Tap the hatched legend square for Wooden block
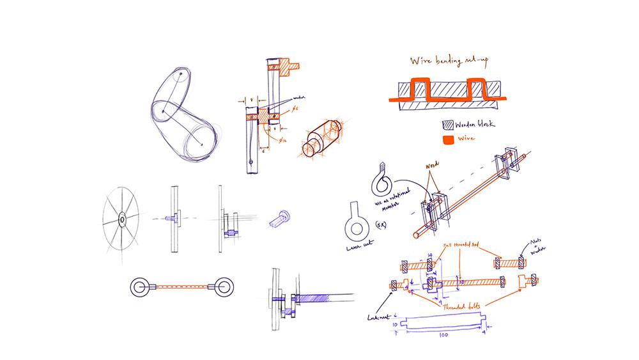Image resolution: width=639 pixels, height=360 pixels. coord(449,125)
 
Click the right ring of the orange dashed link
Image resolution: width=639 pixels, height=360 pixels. coord(223,287)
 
